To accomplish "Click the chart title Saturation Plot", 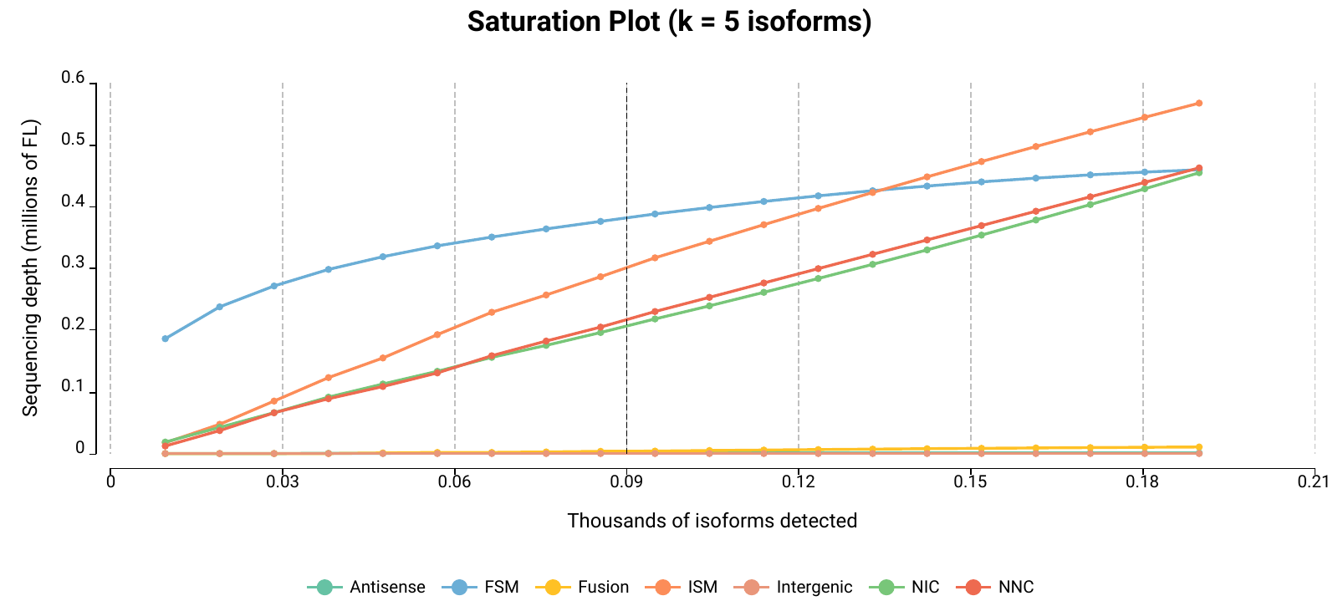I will click(x=669, y=22).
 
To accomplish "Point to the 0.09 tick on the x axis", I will click(x=626, y=481).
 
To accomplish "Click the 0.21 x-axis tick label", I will click(x=1314, y=481).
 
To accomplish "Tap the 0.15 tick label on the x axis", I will click(x=970, y=481).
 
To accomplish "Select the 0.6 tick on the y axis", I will click(x=74, y=79).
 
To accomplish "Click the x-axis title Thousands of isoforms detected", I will click(x=712, y=521).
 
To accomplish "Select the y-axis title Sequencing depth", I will click(x=30, y=267).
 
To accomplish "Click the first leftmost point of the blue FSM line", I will click(x=166, y=339).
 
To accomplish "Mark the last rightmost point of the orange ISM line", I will click(x=1198, y=104).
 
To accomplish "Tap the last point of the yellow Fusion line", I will click(x=1198, y=447).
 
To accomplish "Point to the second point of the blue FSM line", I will click(x=220, y=307).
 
